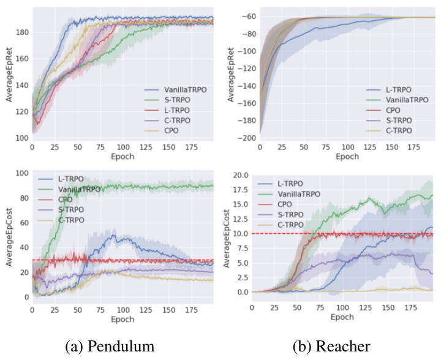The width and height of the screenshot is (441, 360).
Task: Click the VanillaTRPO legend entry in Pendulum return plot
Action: coord(176,90)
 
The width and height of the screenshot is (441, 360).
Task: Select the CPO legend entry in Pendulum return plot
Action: coord(162,130)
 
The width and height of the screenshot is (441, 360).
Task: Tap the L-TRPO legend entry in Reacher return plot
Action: coord(389,90)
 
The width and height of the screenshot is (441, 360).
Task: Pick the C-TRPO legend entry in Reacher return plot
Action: coord(390,130)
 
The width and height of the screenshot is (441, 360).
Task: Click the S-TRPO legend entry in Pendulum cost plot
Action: coord(61,209)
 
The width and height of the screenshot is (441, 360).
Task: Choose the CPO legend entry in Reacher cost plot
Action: coord(275,204)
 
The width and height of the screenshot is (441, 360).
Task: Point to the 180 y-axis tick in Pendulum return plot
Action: coord(23,32)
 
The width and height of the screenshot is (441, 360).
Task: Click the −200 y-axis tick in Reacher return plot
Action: coord(247,138)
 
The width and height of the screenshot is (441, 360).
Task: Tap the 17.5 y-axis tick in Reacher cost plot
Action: coord(241,190)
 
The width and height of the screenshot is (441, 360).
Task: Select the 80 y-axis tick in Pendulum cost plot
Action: coord(24,198)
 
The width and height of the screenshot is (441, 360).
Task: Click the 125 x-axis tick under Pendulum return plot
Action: coord(146,147)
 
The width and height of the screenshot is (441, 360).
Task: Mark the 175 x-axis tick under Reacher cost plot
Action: coord(410,308)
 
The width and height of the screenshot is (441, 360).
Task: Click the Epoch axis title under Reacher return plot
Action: coord(347,157)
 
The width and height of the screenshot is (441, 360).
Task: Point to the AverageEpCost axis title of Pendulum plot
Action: coord(9,237)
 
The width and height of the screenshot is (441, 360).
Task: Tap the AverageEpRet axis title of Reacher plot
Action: coord(231,75)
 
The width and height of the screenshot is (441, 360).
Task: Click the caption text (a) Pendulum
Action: coord(110,346)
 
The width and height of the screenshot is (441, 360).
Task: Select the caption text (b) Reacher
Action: coord(331,346)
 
